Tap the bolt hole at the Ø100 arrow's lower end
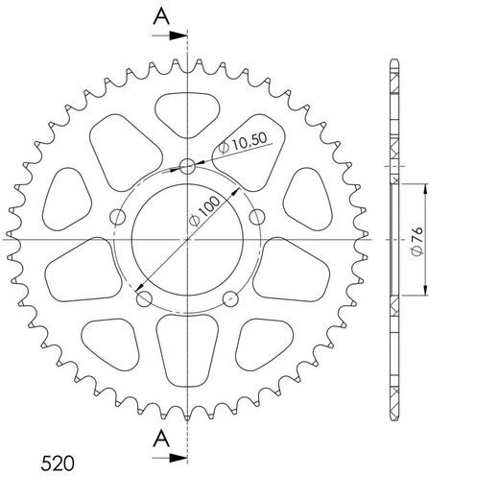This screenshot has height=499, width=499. click(144, 299)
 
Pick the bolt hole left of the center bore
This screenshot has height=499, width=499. click(118, 216)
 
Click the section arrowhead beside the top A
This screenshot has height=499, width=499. click(178, 36)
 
